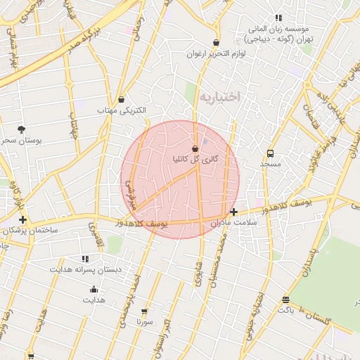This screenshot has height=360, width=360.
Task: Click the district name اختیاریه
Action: (x=219, y=96)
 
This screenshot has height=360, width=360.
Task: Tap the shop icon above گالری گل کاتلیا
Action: (x=195, y=148)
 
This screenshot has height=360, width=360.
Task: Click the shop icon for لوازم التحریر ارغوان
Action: (x=216, y=43)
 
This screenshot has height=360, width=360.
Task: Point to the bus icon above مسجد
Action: (x=270, y=153)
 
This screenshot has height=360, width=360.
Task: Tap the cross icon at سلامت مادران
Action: (x=234, y=212)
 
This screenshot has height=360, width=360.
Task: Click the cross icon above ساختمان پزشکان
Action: (x=23, y=220)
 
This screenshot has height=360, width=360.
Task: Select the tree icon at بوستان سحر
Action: (x=21, y=129)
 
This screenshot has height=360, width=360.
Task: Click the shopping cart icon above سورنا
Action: (x=145, y=311)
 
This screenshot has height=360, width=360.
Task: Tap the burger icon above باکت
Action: (x=285, y=300)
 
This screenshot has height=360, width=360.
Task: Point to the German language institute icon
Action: (x=278, y=18)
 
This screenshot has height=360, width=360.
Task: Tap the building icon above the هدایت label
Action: (x=94, y=290)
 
